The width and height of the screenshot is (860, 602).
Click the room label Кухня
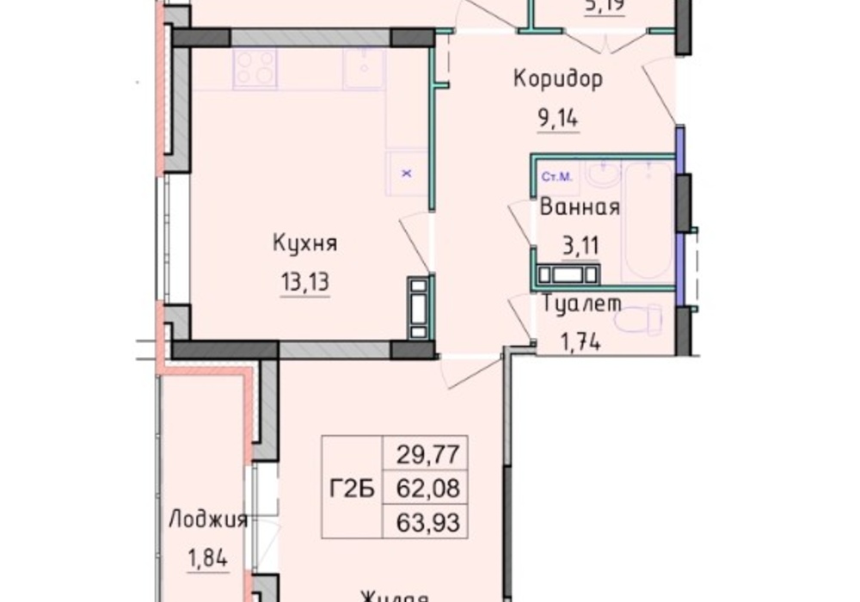pos(304,243)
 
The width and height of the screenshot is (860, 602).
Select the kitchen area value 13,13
pos(304,284)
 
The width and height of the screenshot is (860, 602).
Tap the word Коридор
pos(558,79)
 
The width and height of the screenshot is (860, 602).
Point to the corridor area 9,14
pos(558,119)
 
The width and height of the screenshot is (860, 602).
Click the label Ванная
pos(580,207)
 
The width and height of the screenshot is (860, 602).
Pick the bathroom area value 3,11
pos(580,248)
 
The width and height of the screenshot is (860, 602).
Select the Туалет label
pos(583,303)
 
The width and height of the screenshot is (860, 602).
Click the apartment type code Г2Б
pos(351,488)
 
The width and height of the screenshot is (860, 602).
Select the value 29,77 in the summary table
pos(427,451)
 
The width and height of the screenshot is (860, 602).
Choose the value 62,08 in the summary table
pos(427,488)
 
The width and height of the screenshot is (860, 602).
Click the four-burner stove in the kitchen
pos(255,67)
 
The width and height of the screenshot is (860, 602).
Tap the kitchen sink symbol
pos(365,67)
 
